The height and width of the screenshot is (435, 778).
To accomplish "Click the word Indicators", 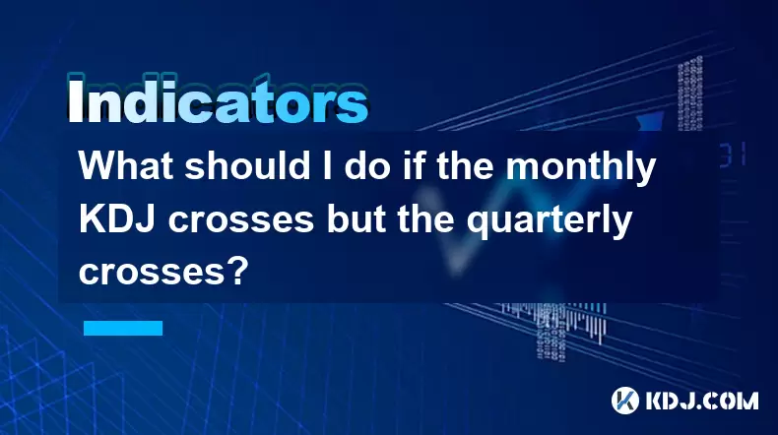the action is coord(218,99).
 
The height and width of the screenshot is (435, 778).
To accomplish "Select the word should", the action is coord(247,165).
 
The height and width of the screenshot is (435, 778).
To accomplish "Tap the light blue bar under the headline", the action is coord(123,328).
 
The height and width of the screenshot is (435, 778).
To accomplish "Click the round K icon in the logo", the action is coord(625,401).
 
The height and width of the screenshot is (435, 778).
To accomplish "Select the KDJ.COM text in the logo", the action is coord(701,401).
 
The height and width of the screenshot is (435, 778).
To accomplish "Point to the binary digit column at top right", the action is coord(689,93).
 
